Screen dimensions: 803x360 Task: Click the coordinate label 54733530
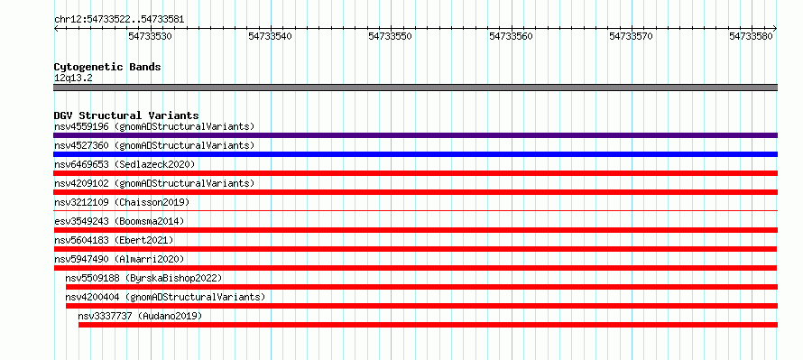(x=150, y=36)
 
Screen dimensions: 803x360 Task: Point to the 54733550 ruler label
(x=391, y=36)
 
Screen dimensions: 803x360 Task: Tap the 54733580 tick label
(x=751, y=36)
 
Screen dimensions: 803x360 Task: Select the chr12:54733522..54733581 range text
(x=119, y=20)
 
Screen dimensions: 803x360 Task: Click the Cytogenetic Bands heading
(x=107, y=67)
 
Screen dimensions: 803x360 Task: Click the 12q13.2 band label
(x=73, y=78)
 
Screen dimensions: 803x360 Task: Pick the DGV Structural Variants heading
(x=126, y=115)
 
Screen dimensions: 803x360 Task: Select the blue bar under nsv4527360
(x=415, y=154)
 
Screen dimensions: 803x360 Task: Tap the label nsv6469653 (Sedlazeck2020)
(x=125, y=164)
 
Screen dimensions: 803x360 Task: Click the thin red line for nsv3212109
(x=415, y=210)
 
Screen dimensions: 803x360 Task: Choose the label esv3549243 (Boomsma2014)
(x=119, y=221)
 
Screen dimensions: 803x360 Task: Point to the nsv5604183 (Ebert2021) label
(x=114, y=240)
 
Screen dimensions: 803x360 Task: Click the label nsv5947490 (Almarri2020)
(x=119, y=259)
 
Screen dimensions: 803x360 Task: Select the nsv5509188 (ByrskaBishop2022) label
(x=143, y=278)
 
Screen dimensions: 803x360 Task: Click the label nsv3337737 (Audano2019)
(x=140, y=316)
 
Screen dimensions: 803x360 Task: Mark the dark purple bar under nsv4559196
(x=415, y=135)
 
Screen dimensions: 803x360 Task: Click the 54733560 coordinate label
(x=511, y=36)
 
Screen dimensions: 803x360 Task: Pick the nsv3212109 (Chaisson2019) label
(x=122, y=202)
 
